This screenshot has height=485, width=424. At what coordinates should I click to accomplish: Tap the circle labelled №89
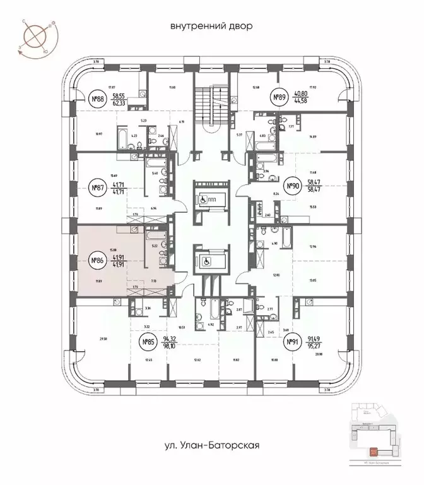[x=280, y=97]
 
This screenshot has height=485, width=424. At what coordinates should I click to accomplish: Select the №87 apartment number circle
[x=97, y=188]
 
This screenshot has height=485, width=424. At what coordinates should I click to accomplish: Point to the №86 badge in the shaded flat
[x=97, y=260]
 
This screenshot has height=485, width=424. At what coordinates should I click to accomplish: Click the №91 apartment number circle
[x=292, y=343]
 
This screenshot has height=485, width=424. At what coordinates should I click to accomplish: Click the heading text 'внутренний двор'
[x=211, y=27]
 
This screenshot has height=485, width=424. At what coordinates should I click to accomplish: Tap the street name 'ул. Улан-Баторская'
[x=211, y=445]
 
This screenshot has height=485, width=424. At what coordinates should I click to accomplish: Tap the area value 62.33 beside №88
[x=119, y=102]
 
